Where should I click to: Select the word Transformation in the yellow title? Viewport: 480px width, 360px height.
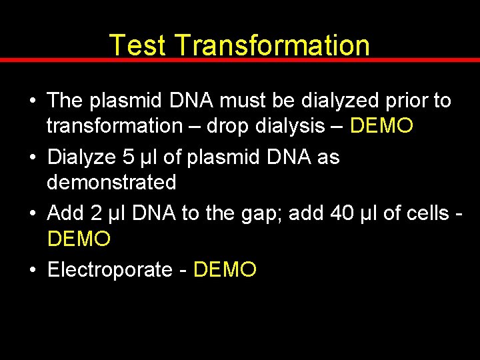coord(273,45)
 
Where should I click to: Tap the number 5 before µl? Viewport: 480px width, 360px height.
coord(129,157)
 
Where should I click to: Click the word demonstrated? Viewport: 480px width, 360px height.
coord(111,182)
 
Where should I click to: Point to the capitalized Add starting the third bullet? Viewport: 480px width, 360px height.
coord(65,213)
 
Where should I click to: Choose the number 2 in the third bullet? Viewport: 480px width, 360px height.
coord(96,213)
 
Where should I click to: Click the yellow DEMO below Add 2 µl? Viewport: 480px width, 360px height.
coord(79,238)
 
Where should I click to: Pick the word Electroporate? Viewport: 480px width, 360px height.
coord(110,270)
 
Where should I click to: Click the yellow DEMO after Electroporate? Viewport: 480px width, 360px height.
coord(225,270)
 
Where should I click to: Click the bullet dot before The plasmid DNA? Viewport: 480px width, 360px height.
coord(33,101)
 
